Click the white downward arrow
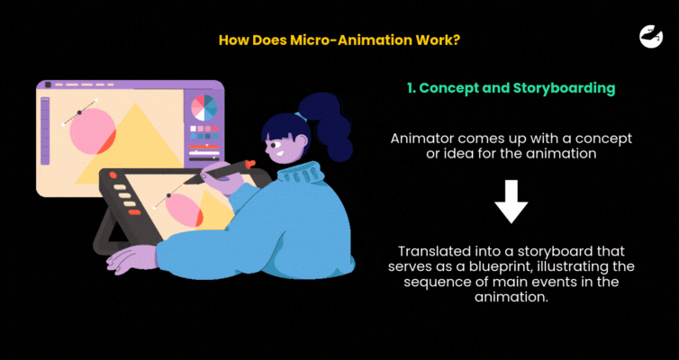tap(511, 202)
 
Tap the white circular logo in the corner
tap(651, 36)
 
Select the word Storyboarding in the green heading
tap(565, 88)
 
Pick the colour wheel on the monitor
tap(204, 108)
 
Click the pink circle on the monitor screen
tap(93, 131)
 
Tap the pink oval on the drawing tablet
tap(185, 210)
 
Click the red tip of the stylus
tap(249, 164)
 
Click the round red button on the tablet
tap(113, 175)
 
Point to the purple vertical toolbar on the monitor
tap(45, 131)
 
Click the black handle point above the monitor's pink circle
tap(79, 112)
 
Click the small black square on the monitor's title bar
tap(48, 85)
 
